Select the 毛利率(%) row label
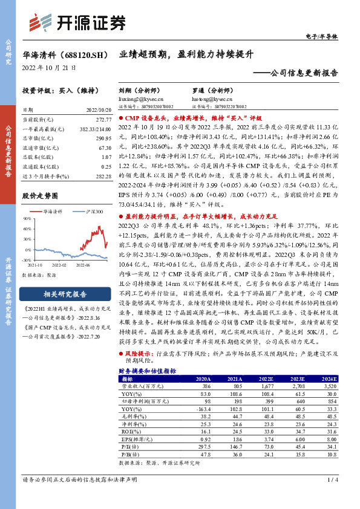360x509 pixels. point(130,417)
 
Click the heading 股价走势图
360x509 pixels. point(40,196)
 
